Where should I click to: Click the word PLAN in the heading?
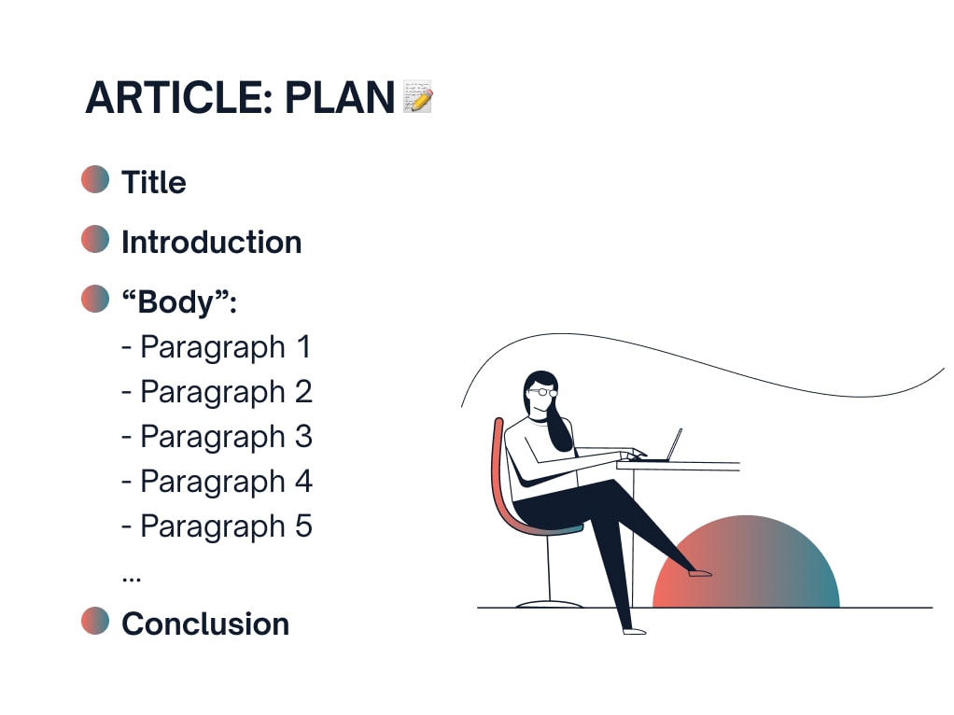pyautogui.click(x=340, y=98)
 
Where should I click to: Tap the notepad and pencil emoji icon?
pyautogui.click(x=417, y=96)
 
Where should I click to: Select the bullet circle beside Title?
pyautogui.click(x=95, y=179)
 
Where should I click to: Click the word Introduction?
pyautogui.click(x=211, y=242)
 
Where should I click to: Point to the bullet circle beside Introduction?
pyautogui.click(x=95, y=239)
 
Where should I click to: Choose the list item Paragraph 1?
pyautogui.click(x=217, y=347)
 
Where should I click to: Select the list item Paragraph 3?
pyautogui.click(x=217, y=437)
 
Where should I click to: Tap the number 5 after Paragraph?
pyautogui.click(x=302, y=526)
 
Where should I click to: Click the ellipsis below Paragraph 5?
pyautogui.click(x=131, y=577)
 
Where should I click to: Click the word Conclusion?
pyautogui.click(x=205, y=624)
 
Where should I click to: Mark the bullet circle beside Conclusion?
pyautogui.click(x=95, y=621)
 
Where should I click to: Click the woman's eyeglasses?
pyautogui.click(x=543, y=393)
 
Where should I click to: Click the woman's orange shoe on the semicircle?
pyautogui.click(x=699, y=572)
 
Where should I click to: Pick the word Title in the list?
pyautogui.click(x=154, y=182)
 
